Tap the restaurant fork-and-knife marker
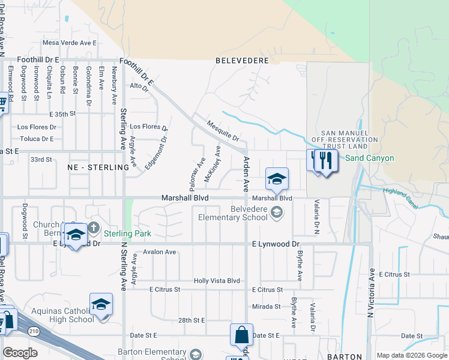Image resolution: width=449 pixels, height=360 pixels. [x=325, y=161]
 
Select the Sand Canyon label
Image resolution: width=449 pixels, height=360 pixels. [x=370, y=158]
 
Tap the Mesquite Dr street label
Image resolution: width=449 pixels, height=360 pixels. [x=223, y=130]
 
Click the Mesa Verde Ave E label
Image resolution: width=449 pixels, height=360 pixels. [x=69, y=43]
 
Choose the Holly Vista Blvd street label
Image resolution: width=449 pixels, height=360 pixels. [x=216, y=281]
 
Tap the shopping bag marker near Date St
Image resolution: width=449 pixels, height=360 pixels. [x=241, y=335]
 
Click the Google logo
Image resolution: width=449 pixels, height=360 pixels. [x=20, y=353]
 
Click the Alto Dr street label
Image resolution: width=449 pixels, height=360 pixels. [x=139, y=86]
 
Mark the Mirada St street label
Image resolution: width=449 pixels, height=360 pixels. [x=267, y=307]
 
